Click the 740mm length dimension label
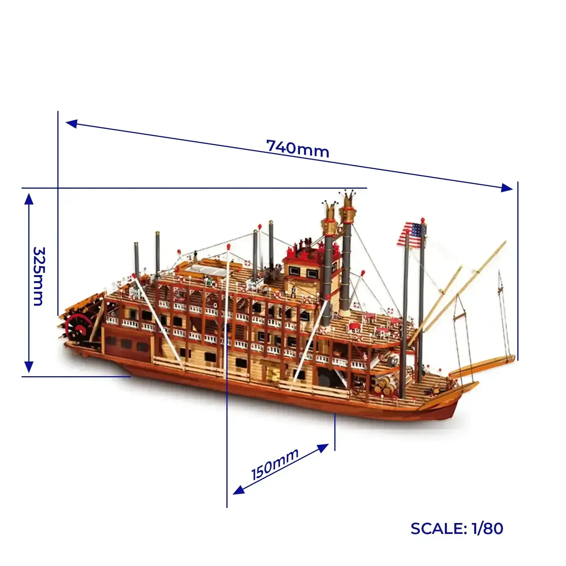coord(298,148)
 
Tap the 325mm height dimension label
coord(38,276)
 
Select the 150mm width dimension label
coord(275,464)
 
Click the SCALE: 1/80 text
coord(457,529)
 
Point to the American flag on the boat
coord(411,235)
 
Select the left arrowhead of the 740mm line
coord(72,123)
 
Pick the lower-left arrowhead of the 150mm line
coord(239,490)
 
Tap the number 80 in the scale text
coord(492,529)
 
